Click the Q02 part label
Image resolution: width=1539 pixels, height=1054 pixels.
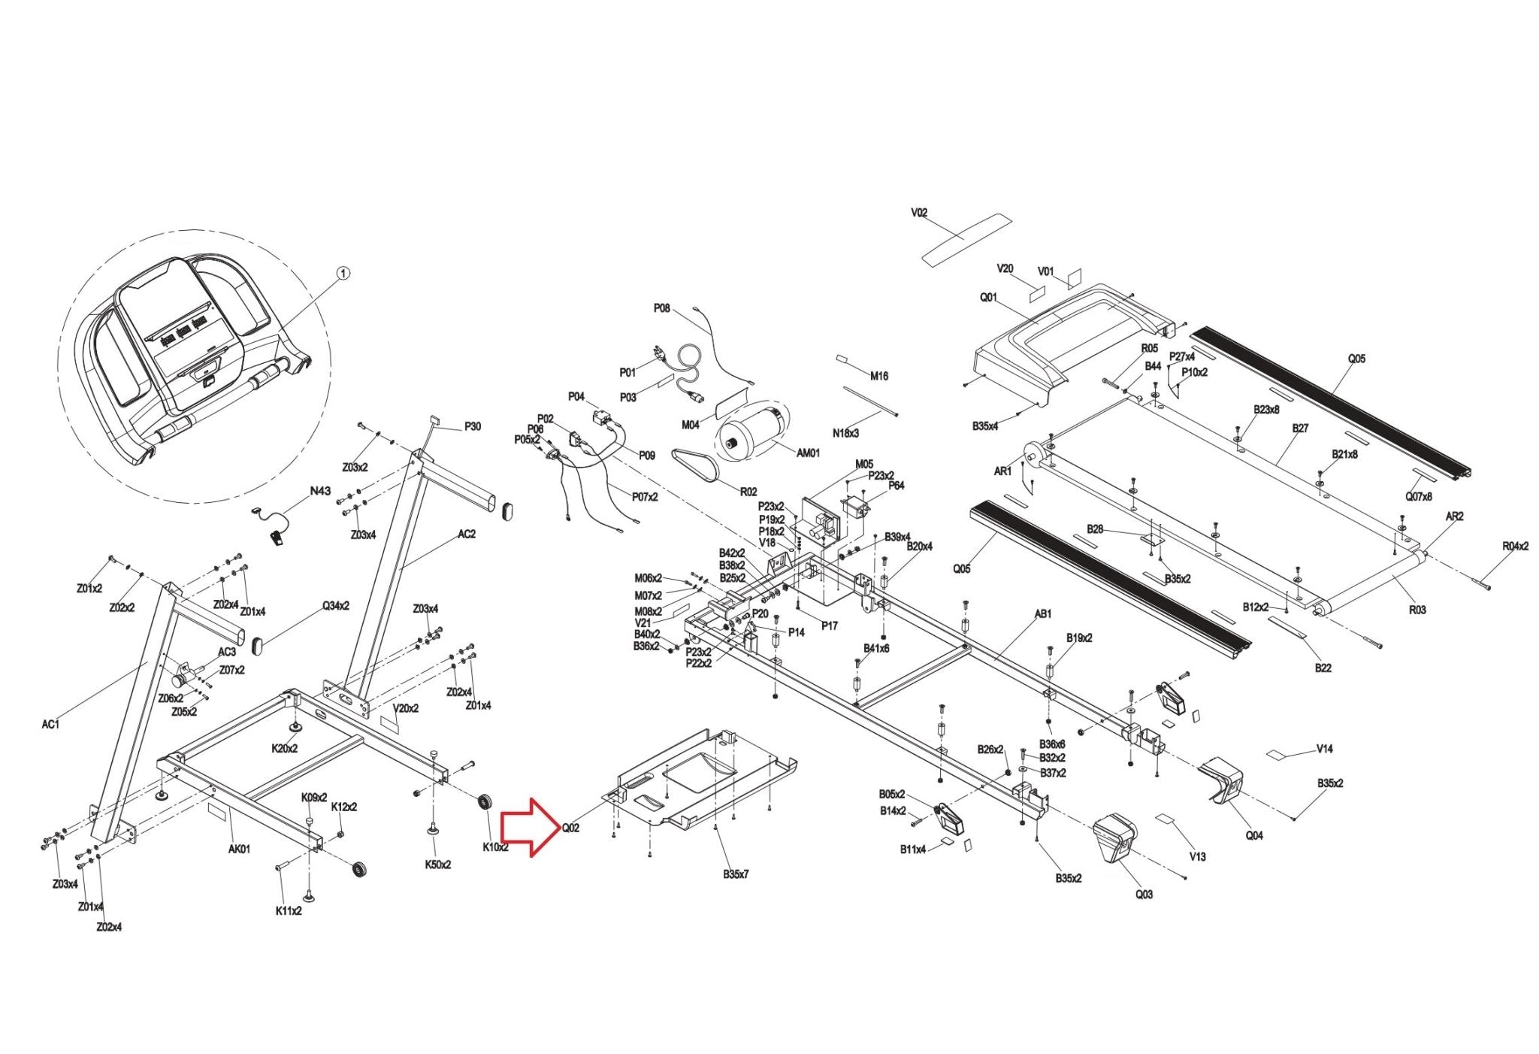(570, 828)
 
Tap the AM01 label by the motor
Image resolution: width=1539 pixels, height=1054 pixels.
(808, 453)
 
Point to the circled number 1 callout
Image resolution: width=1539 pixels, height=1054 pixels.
(343, 275)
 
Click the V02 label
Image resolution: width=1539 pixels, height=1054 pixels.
(919, 213)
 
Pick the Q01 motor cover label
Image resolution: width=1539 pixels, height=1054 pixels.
(988, 298)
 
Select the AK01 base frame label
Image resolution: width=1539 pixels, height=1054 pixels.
(240, 850)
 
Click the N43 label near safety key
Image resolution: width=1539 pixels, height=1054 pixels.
(320, 491)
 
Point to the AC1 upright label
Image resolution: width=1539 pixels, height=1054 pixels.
(50, 724)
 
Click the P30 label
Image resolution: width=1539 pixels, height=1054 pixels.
(472, 427)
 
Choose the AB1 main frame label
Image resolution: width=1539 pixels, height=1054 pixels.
(1043, 614)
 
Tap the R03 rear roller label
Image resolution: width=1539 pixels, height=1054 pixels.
(1417, 610)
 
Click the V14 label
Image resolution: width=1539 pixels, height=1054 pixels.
(1324, 749)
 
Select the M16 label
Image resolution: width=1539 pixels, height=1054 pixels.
(878, 376)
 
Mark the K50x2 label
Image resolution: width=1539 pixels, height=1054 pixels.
(438, 865)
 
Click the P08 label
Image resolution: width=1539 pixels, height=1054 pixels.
(661, 308)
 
